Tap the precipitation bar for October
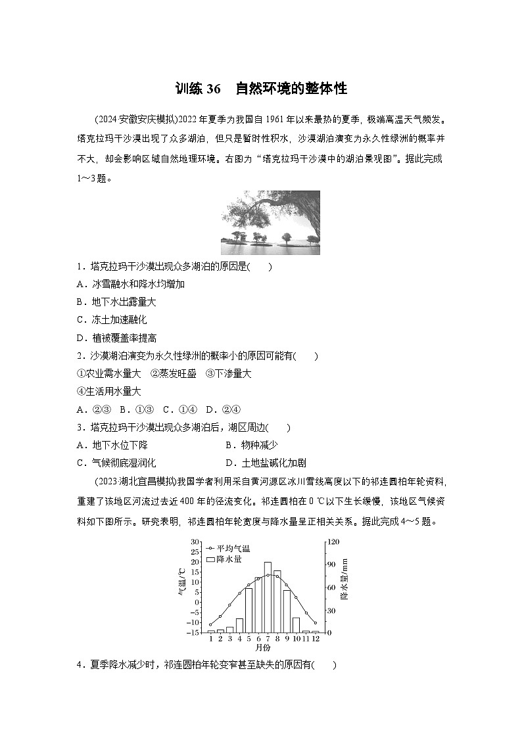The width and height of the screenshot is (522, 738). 296,624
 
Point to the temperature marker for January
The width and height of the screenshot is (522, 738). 210,624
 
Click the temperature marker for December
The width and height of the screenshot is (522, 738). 316,622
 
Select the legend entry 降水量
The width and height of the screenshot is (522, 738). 227,559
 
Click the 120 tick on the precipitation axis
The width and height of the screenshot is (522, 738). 333,542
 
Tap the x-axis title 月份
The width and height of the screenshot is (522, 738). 263,647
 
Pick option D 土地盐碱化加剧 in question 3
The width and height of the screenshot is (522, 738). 265,463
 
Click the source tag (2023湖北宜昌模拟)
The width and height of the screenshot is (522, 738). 135,480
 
